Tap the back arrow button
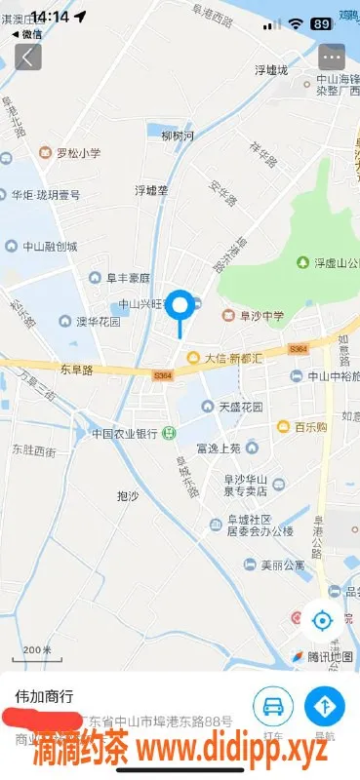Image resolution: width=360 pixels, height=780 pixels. (27, 56)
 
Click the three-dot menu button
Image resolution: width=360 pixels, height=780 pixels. (332, 56)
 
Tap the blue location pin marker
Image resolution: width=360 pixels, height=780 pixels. (180, 307)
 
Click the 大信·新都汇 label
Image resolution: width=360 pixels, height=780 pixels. (230, 358)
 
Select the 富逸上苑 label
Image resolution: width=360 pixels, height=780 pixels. (218, 448)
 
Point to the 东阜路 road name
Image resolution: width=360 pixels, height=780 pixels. (76, 370)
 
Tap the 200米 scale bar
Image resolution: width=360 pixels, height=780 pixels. (36, 650)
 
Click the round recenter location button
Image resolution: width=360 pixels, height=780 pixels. (321, 619)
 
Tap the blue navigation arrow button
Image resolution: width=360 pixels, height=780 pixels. (325, 705)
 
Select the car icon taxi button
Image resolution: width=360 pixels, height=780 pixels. (273, 705)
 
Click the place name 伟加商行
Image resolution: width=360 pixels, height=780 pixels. (44, 696)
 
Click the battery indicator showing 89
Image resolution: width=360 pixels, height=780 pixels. (320, 22)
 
